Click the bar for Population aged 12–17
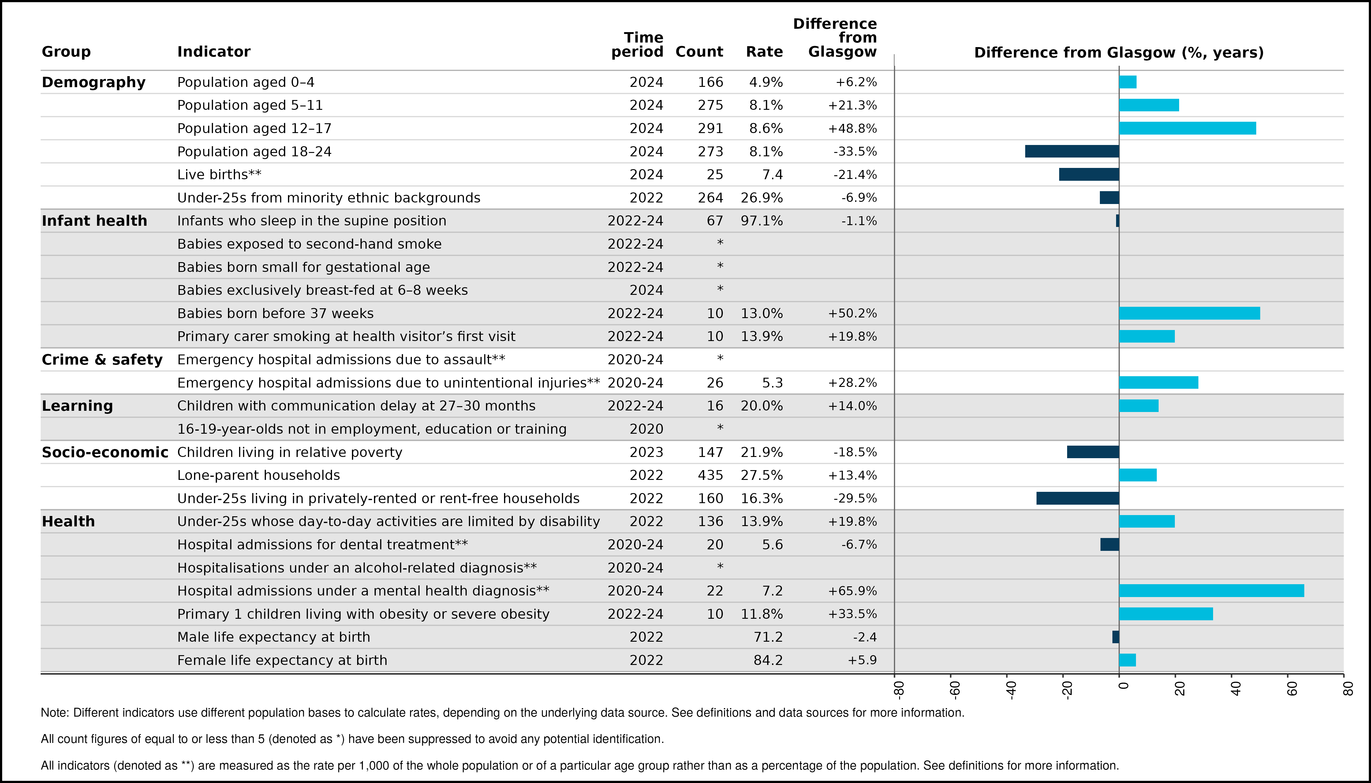click(1187, 128)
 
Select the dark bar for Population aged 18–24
click(1072, 151)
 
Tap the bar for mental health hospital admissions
click(1212, 591)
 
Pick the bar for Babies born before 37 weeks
click(1190, 313)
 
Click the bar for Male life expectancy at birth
click(1116, 637)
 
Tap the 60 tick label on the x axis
click(1292, 689)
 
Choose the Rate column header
click(764, 52)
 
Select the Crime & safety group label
click(102, 360)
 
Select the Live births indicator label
click(219, 175)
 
